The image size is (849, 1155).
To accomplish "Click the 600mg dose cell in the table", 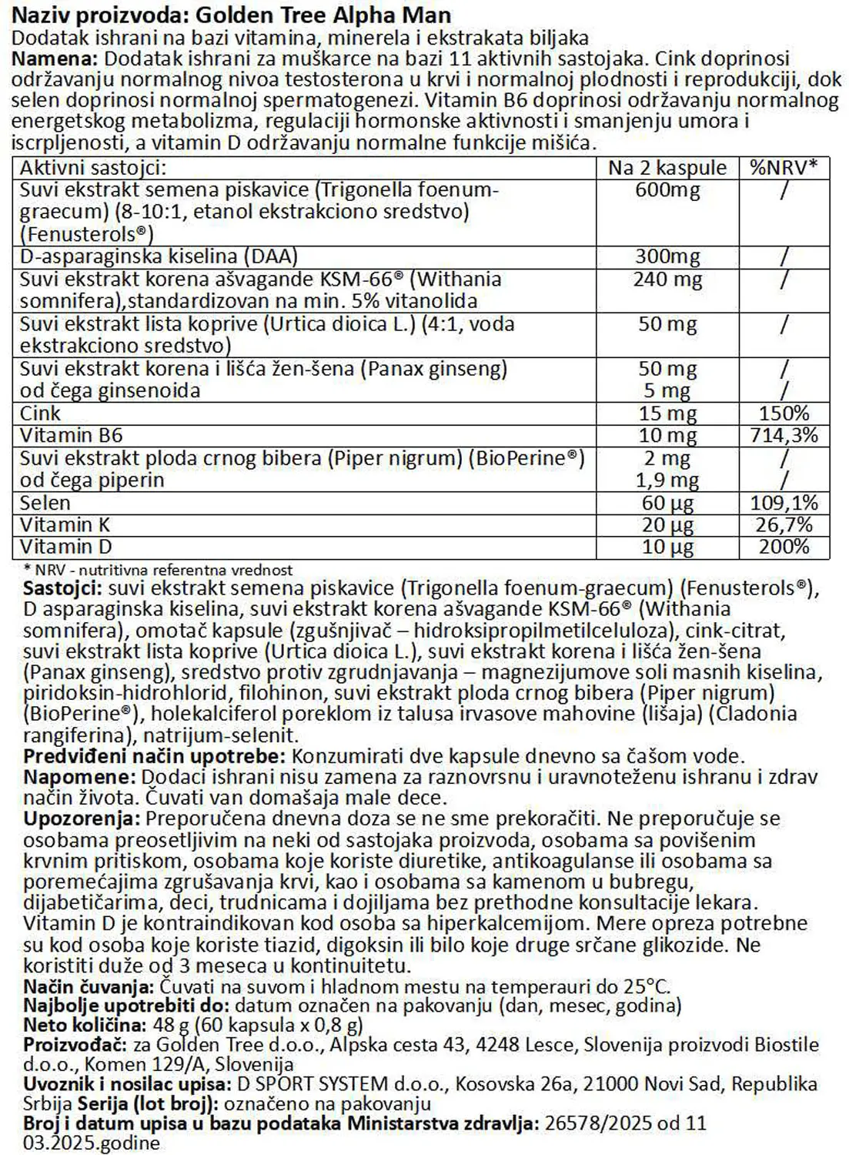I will (667, 190).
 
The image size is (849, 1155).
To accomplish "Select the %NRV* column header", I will (784, 168).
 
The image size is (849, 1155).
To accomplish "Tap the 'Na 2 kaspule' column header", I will (667, 168).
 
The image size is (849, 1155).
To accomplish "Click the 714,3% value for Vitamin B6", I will (784, 436).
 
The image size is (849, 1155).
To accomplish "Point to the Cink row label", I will (40, 413).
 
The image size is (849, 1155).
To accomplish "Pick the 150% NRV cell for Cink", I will (784, 413).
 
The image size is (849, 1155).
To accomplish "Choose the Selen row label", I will (45, 504).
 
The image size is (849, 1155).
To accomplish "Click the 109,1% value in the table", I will (784, 504).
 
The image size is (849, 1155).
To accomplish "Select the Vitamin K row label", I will (65, 525).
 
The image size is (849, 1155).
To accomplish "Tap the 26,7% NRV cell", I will (784, 525).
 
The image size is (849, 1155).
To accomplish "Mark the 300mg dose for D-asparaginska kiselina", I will (667, 257).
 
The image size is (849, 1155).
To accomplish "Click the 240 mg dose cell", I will (667, 280).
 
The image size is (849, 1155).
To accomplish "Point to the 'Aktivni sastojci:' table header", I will (92, 168).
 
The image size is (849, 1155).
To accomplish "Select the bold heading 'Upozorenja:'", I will (82, 819).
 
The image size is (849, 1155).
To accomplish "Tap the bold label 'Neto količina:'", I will (84, 1026).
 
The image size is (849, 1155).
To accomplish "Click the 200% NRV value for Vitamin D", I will (784, 547).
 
